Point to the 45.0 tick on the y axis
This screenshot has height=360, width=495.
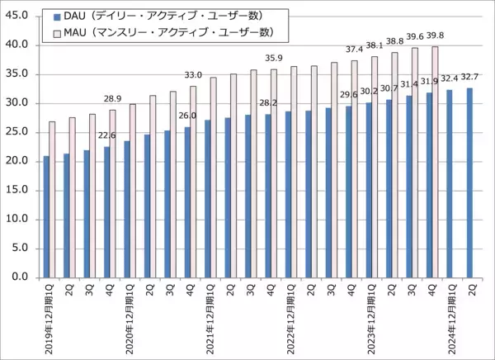[x=18, y=16]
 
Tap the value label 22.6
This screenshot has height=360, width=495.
[x=107, y=137]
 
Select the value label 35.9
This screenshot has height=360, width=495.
[x=273, y=59]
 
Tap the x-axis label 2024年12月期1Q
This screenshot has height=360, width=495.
[x=450, y=319]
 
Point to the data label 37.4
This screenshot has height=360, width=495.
[x=354, y=50]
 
